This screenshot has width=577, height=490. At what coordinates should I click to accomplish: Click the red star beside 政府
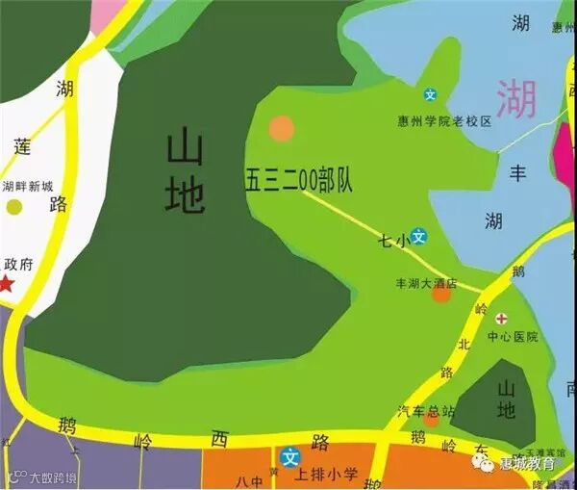pos(8,283)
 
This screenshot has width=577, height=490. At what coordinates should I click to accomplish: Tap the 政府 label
pos(18,263)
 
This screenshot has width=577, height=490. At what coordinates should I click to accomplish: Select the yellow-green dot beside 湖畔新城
pos(14,206)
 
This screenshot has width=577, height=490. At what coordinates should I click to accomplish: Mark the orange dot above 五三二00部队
pos(281,127)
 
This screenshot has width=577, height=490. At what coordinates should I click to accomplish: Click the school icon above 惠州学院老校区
pos(431,94)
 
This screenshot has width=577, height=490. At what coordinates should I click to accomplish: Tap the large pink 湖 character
pos(516,97)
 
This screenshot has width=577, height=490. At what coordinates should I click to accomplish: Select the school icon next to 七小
pos(418,235)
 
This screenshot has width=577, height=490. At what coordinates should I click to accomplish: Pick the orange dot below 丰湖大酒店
pos(440,295)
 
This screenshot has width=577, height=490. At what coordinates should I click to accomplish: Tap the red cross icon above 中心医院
pos(501,318)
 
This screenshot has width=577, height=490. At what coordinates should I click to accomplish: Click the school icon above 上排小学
pos(290,457)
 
